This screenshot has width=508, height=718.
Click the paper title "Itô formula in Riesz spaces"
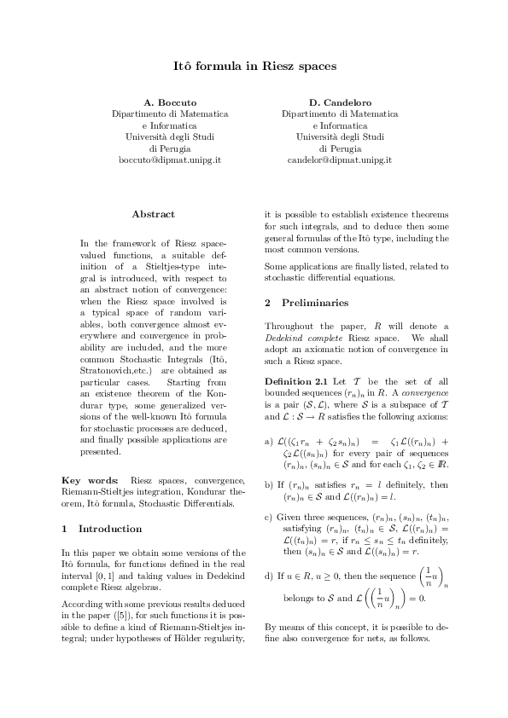coord(254,65)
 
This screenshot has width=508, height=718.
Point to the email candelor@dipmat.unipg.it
coord(339,159)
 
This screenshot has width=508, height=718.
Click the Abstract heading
coord(154,214)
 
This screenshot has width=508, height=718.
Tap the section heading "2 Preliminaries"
coord(307,303)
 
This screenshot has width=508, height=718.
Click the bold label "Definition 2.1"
coord(295,379)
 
